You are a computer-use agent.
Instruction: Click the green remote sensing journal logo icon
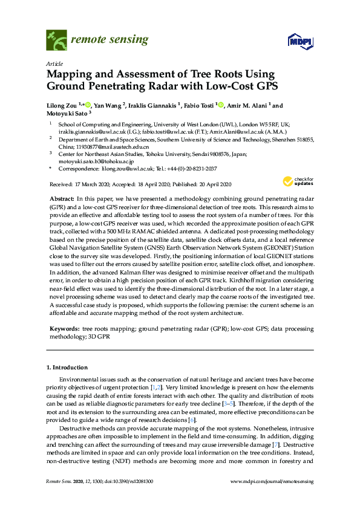tap(56, 41)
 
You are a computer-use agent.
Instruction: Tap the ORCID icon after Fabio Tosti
tap(220, 105)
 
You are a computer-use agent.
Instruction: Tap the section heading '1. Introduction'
tap(67, 367)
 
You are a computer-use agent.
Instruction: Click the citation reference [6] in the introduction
tap(192, 420)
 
